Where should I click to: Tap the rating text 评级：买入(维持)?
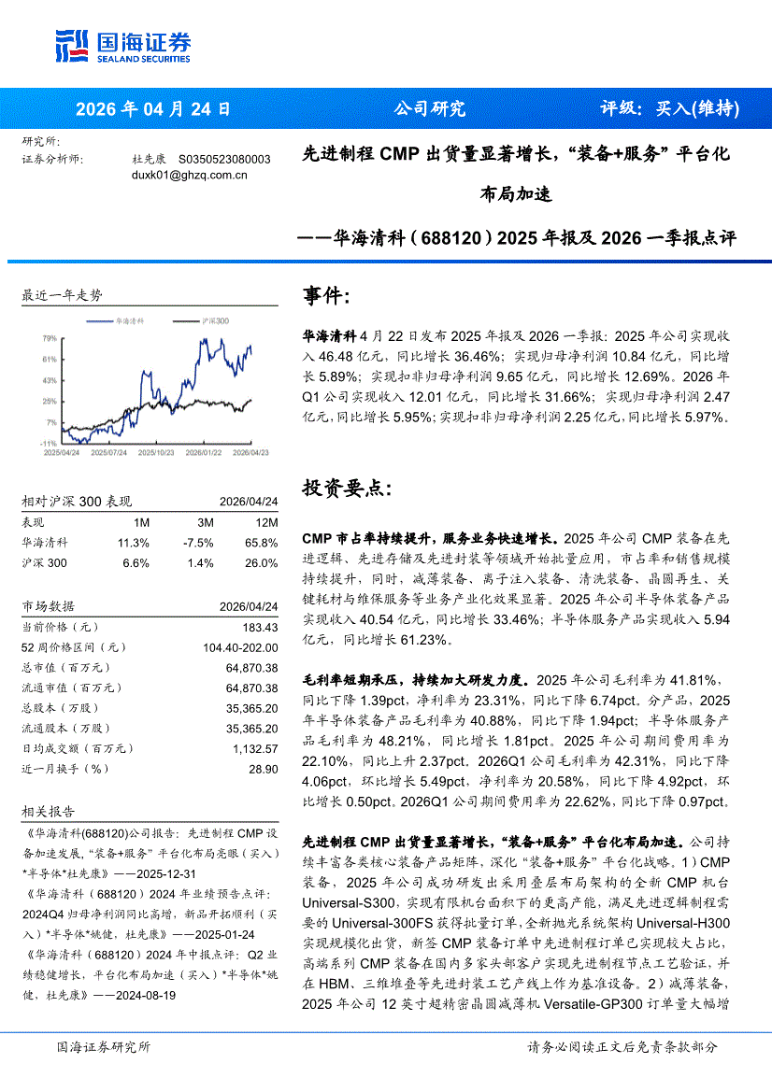click(x=669, y=108)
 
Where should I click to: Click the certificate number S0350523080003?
click(x=224, y=160)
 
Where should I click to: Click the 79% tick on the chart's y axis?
click(x=50, y=337)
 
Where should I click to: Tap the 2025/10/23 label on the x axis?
click(x=155, y=451)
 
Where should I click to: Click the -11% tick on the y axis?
click(x=49, y=443)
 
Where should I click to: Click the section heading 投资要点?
click(x=341, y=488)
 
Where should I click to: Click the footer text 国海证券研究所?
click(x=103, y=1047)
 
